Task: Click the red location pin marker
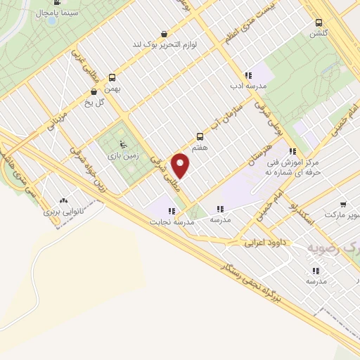[181, 165]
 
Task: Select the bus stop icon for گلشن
[320, 22]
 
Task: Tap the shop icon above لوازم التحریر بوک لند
[165, 33]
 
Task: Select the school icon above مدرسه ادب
[247, 75]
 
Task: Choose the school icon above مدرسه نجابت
[171, 210]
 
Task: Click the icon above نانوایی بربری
[64, 200]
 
